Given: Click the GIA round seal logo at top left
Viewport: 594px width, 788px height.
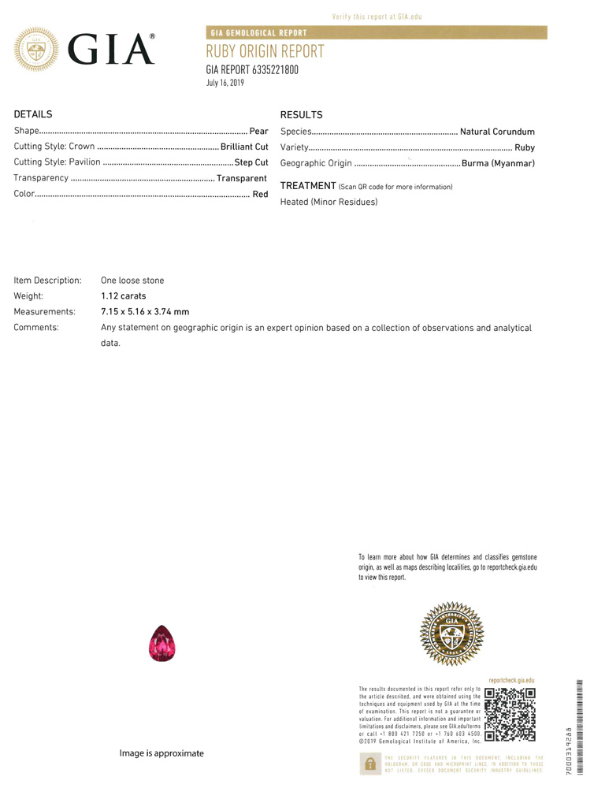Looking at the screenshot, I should (x=36, y=50).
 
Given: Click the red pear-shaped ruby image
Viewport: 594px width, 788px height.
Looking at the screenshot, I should (x=162, y=643).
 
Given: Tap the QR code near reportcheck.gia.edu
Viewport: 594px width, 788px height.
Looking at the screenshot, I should (x=510, y=715).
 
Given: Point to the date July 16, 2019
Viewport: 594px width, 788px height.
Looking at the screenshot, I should (x=225, y=83).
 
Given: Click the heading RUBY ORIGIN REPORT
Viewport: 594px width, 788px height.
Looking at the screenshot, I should (x=265, y=52).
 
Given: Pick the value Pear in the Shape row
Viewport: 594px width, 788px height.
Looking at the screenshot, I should (x=258, y=131).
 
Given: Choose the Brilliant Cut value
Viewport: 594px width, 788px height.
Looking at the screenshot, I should (x=244, y=147).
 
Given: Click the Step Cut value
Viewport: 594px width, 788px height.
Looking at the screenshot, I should (x=251, y=162).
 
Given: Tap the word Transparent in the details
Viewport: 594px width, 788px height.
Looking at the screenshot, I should (x=242, y=178).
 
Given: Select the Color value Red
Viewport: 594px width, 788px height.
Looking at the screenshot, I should (x=260, y=194).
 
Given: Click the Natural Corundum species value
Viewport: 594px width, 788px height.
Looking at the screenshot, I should (x=497, y=132).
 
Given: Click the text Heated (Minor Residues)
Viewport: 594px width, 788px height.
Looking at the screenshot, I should (x=329, y=203).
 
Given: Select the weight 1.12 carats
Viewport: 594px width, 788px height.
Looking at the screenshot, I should (x=124, y=296).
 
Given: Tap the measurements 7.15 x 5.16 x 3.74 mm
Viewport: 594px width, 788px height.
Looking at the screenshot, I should (x=145, y=311).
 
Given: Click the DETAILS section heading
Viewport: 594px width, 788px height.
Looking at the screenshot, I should (x=33, y=114).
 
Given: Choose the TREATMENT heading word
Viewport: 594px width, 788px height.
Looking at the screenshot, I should (x=308, y=186).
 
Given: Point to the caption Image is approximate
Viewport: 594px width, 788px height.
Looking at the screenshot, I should (x=161, y=753).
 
